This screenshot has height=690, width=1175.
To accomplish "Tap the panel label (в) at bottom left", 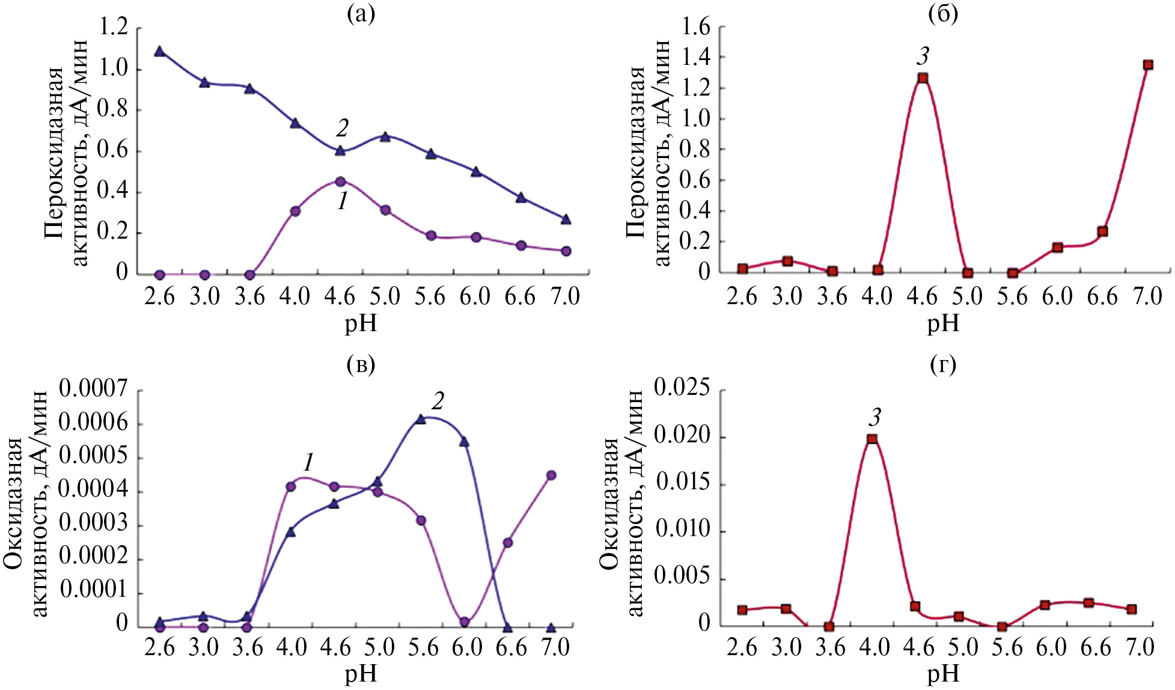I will point(361,364).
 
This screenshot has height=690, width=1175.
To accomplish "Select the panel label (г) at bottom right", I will point(942,364).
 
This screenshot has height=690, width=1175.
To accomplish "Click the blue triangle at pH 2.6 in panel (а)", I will point(159,52).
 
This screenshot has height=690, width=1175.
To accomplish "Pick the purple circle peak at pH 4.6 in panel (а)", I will point(340,182).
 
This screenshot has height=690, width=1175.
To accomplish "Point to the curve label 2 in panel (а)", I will point(342,128).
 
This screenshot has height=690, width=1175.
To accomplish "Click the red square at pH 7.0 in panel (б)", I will point(1147,65).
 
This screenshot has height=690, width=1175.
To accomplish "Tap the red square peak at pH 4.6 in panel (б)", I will point(923,78).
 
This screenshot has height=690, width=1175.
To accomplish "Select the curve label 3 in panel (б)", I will point(923,56).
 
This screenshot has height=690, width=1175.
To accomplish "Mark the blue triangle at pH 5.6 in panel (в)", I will point(421,420).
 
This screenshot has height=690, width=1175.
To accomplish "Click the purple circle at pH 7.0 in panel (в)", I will point(551,475).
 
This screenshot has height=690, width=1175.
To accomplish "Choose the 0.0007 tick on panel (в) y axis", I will point(93,389).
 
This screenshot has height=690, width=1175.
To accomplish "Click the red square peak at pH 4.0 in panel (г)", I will point(871,439).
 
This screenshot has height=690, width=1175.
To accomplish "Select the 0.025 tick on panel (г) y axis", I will point(682,389).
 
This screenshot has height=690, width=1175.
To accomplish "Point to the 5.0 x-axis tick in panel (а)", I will point(385,296).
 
